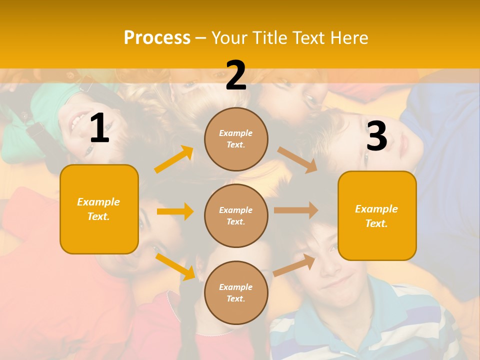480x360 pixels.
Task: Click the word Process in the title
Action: (157, 38)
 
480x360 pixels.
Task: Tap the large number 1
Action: (99, 128)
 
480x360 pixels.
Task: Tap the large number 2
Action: (236, 75)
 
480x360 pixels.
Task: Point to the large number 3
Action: (376, 136)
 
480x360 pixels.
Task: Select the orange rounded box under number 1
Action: (99, 209)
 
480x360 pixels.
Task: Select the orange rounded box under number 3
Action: (377, 215)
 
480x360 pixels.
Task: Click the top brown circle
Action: (236, 139)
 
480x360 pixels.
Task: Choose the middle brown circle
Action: (236, 215)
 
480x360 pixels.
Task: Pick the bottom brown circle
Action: (236, 292)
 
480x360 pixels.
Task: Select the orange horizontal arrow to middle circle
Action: (175, 211)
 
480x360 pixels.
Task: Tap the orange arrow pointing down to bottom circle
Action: (175, 266)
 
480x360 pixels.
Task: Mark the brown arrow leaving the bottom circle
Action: (294, 264)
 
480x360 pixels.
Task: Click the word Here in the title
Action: (348, 38)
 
